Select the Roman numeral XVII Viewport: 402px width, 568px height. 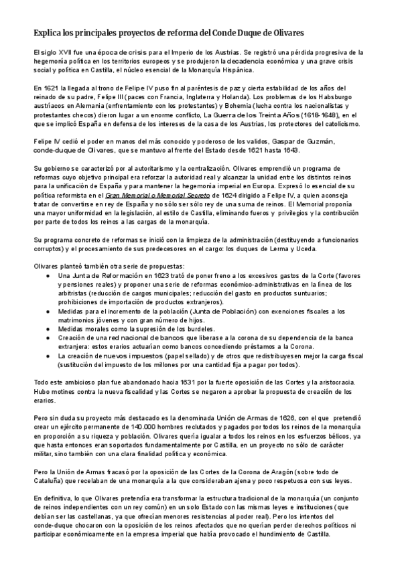click(64, 52)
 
